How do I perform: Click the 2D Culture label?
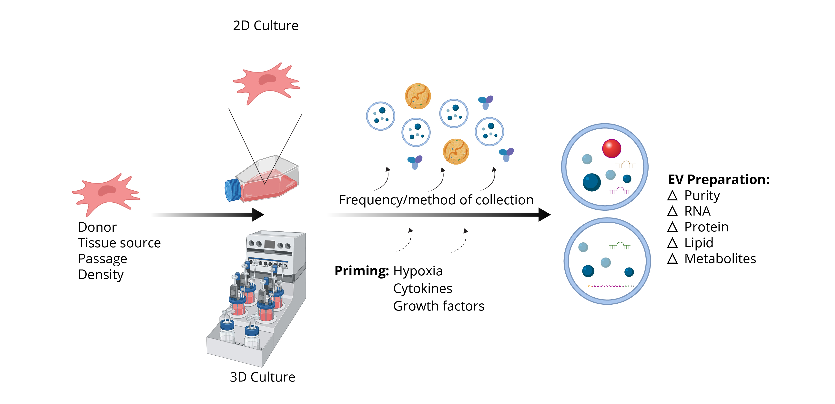coord(265,26)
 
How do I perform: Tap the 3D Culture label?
coord(262,377)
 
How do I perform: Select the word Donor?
coord(97,227)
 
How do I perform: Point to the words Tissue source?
coord(119,243)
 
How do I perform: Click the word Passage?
coord(102,259)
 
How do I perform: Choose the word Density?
coord(101,274)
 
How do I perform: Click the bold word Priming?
coord(361,271)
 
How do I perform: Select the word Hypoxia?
coord(418,271)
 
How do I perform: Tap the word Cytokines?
coord(423,288)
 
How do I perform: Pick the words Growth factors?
coord(438,306)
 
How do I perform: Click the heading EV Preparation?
coord(719,179)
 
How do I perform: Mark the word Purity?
coord(702,195)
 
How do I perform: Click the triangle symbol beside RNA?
coord(672,211)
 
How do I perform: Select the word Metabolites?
coord(720,259)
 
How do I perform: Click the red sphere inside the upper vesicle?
coord(611,148)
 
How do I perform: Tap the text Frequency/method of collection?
coord(436,200)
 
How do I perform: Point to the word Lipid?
coord(699,243)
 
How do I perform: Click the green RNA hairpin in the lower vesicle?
coord(620,246)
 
